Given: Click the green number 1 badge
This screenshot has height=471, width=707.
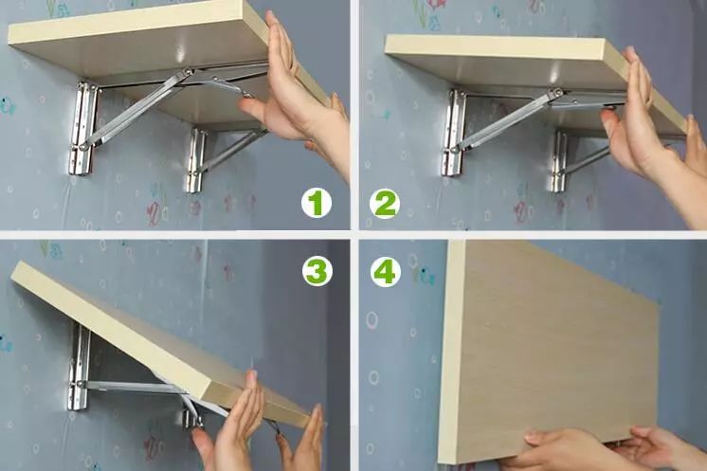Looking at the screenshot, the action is point(317,203).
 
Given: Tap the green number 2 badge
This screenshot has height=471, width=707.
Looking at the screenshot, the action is point(385,204).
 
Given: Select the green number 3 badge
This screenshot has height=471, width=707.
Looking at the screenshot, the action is point(317,271).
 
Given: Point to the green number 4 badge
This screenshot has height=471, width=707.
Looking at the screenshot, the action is point(386,272).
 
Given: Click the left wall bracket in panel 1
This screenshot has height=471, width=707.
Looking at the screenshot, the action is point(82,128).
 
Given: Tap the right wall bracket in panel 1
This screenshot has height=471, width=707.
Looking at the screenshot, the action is point(195,160).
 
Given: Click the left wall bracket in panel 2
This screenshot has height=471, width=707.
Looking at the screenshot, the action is point(453,133).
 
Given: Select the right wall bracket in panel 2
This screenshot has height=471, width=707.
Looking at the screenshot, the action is point(558,161).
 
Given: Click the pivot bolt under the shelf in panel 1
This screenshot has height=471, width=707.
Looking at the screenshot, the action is point(187,72).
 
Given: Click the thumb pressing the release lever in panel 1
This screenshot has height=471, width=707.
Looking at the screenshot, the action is point(251,107).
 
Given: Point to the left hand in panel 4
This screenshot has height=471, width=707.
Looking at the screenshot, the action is point(564,451).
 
